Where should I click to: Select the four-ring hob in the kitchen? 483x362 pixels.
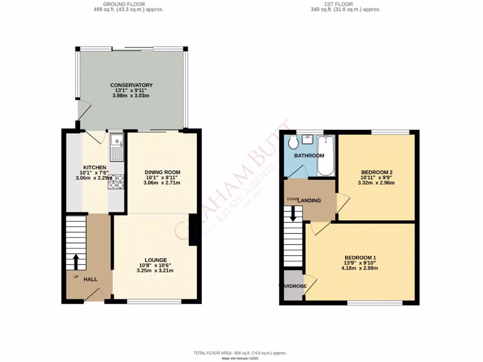(116, 181)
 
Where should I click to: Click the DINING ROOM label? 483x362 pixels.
(162, 172)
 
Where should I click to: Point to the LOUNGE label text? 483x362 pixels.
(156, 260)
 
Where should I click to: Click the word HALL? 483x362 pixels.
(91, 280)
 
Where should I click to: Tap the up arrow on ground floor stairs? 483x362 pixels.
(75, 261)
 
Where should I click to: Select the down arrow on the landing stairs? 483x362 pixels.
(293, 214)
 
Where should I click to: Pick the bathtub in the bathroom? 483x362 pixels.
(326, 155)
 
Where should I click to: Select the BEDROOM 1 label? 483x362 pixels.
(360, 257)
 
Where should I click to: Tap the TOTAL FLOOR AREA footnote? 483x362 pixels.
(240, 353)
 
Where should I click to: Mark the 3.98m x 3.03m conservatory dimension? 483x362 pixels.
(132, 96)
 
